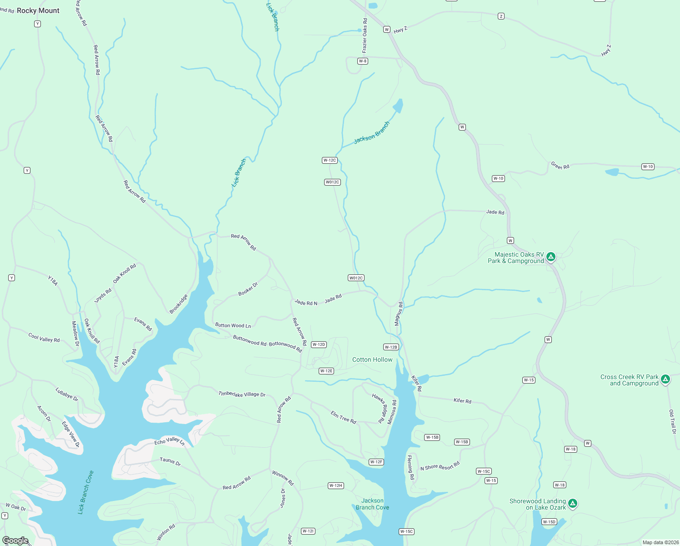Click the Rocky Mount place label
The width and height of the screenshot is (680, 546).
click(38, 10)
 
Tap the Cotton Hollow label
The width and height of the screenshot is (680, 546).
click(372, 359)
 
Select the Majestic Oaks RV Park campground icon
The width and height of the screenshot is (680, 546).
click(551, 257)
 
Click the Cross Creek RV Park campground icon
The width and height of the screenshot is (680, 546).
click(665, 379)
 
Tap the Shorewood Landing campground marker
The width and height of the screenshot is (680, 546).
click(573, 503)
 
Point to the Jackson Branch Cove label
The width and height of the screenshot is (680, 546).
click(372, 504)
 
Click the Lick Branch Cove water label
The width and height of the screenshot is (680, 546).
click(85, 493)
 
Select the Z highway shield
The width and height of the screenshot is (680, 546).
click(501, 16)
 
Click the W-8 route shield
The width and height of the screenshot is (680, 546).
click(362, 61)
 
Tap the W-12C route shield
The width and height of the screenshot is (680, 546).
click(330, 160)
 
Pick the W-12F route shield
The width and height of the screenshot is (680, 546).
click(376, 462)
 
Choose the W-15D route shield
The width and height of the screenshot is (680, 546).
click(549, 522)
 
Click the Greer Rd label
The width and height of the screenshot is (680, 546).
click(560, 166)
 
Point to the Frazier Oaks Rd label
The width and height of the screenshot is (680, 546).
click(365, 35)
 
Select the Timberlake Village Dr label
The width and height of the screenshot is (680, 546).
click(242, 394)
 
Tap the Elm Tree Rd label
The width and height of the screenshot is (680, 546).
click(343, 417)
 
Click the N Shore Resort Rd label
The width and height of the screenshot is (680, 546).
click(440, 466)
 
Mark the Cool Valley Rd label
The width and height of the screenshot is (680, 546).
click(44, 338)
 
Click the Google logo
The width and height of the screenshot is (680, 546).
click(15, 540)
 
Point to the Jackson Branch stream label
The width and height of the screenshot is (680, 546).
click(372, 132)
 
